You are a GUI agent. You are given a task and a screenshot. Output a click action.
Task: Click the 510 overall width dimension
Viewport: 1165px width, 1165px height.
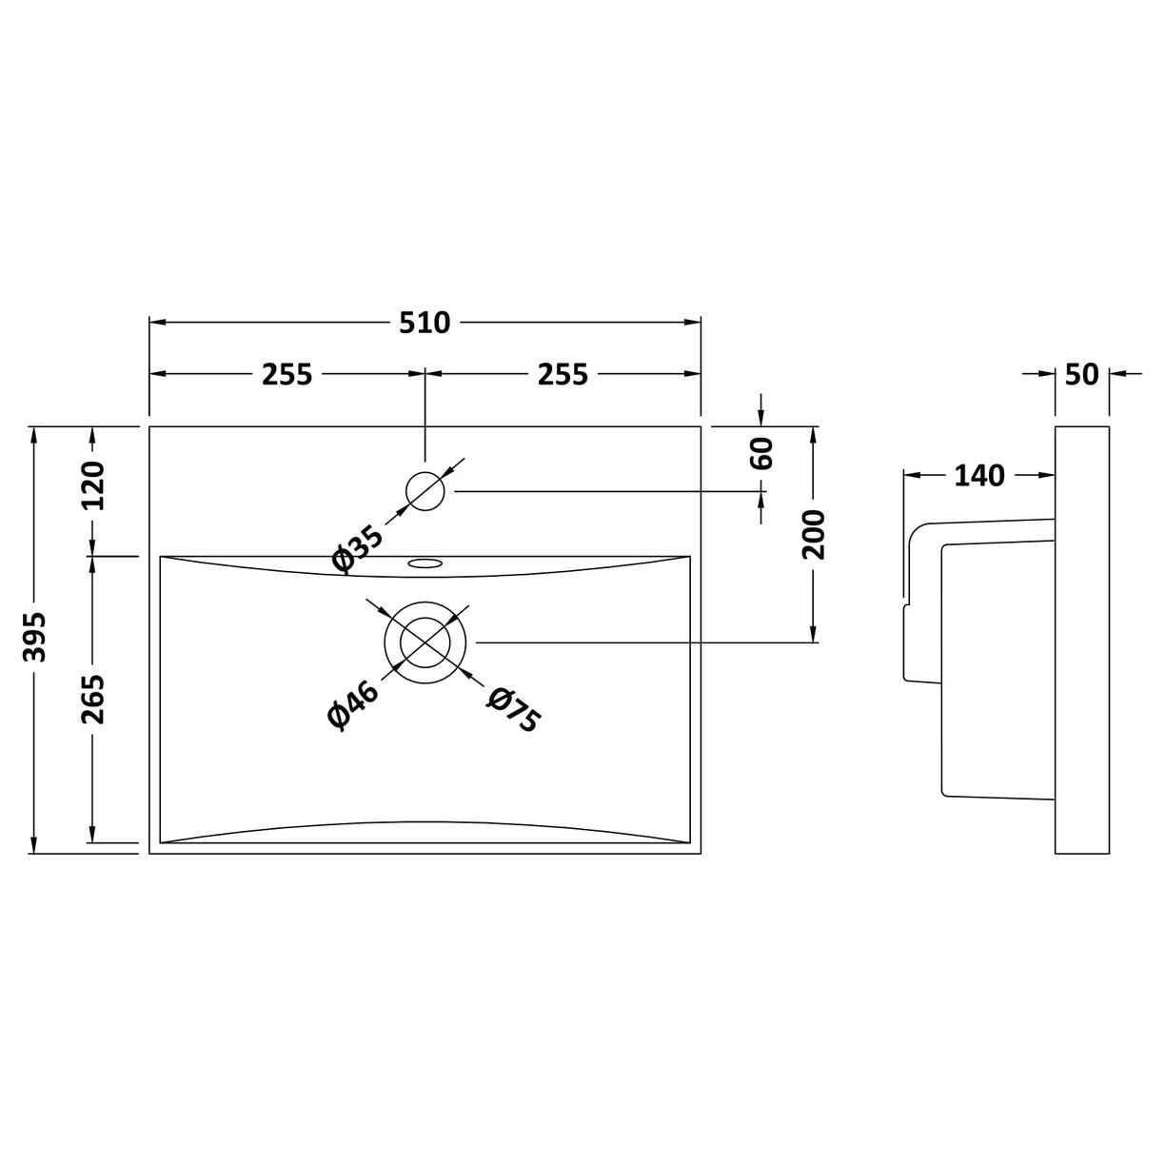pos(425,324)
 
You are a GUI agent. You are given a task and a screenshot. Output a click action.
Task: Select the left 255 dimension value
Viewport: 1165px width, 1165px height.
pos(286,375)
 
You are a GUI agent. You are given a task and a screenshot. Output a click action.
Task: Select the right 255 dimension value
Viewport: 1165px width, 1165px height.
pos(563,375)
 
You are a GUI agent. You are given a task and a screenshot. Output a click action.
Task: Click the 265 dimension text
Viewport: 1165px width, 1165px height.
pos(92,699)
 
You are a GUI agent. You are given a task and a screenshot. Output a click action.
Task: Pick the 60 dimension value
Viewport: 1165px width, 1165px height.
pos(761,453)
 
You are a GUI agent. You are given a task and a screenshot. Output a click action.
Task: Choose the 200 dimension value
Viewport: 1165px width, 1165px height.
pos(814,534)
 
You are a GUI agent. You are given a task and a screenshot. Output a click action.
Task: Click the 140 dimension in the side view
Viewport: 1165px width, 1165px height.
pos(977,475)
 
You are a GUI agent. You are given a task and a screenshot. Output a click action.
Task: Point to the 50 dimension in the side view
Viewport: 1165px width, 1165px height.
pos(1081,375)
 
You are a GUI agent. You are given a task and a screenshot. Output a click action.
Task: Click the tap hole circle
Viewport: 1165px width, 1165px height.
pos(425,491)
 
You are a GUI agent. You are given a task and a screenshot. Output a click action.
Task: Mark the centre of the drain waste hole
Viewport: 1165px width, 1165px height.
pos(425,642)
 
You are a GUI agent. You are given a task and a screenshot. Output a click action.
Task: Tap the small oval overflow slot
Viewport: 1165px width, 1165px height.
pos(425,563)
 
